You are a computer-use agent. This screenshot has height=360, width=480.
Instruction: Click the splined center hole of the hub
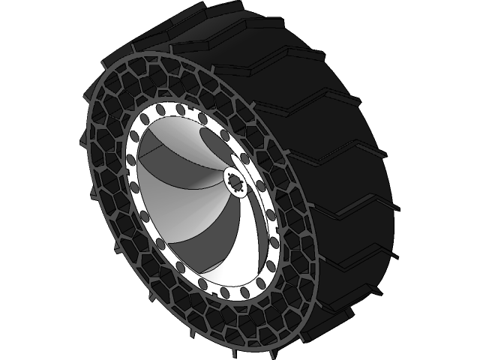(237, 182)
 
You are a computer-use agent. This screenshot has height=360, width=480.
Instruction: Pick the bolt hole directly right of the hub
(260, 184)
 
